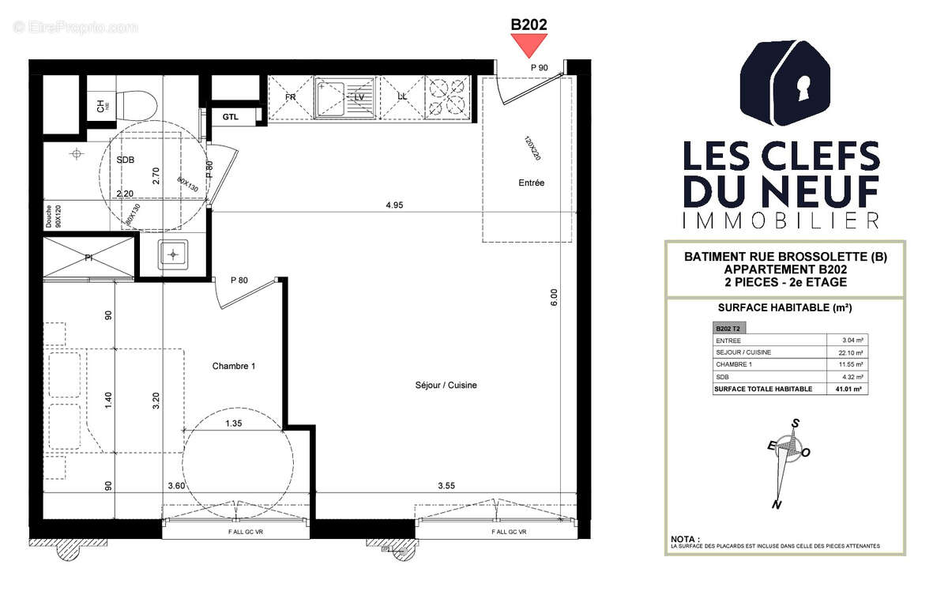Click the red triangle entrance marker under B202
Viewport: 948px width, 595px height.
pyautogui.click(x=529, y=47)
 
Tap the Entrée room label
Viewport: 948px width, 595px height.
pyautogui.click(x=531, y=183)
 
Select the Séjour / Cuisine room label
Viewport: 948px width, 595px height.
pyautogui.click(x=446, y=386)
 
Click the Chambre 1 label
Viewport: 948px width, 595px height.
pyautogui.click(x=234, y=367)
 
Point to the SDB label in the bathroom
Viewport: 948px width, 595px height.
pyautogui.click(x=126, y=160)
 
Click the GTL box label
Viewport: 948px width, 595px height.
pyautogui.click(x=230, y=117)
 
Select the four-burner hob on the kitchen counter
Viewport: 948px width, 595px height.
pyautogui.click(x=447, y=97)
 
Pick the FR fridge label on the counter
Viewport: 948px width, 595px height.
pyautogui.click(x=290, y=97)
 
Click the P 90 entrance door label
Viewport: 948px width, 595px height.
pyautogui.click(x=540, y=68)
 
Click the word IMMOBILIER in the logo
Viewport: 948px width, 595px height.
pyautogui.click(x=781, y=220)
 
